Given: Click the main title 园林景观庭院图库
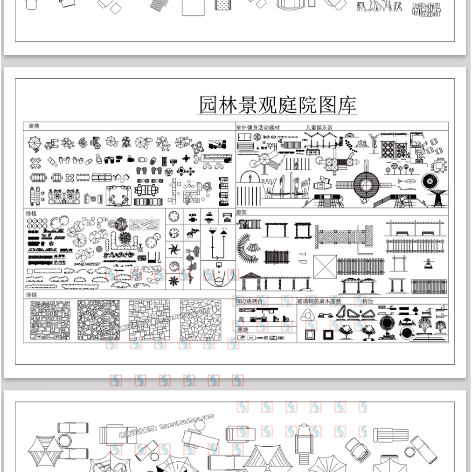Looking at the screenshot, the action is pos(278,105).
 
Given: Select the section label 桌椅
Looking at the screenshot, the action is pos(34,126).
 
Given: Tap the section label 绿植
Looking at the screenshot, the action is pos(31,213).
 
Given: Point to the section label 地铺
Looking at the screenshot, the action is pos(31,295).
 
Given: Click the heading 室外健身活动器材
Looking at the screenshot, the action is pos(258,127).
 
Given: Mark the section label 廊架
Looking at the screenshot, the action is pos(242,212).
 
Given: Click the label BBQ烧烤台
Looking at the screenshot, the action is pos(250,301).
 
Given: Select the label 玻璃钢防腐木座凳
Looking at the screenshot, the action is pos(319,301).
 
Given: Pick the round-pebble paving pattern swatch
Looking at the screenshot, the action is pos(98,320).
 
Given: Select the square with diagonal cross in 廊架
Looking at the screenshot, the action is pos(325,266).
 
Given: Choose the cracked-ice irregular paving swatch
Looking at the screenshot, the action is pos(201,320).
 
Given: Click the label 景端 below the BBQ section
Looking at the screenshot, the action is pos(243,329).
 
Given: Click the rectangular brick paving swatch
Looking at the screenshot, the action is pos(149,320).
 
